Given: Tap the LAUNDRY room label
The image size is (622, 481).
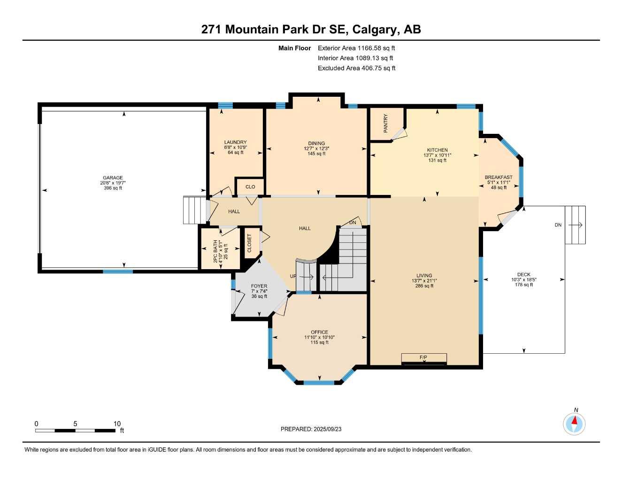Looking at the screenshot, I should click(235, 142).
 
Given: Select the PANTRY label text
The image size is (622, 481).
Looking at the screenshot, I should click(386, 123).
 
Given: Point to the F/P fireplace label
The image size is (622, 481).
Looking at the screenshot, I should click(423, 357).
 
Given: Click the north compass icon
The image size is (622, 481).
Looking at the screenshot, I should click(574, 424).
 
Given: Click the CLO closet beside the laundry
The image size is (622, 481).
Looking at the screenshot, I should click(250, 186).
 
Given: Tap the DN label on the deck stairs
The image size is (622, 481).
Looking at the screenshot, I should click(558, 225).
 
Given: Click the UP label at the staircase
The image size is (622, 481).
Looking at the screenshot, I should click(293, 276).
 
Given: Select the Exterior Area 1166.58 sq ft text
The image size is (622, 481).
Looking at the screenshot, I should click(356, 48).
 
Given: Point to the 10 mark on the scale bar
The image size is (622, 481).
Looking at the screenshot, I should click(117, 423).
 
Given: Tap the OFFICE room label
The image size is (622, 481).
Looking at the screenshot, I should click(319, 332).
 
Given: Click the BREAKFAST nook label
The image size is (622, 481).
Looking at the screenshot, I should click(499, 178).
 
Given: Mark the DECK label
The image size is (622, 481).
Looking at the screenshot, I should click(523, 275).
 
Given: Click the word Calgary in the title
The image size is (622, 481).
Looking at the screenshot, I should click(374, 29).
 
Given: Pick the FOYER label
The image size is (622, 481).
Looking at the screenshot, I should click(259, 286).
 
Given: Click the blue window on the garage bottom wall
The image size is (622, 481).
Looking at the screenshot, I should click(118, 272).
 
